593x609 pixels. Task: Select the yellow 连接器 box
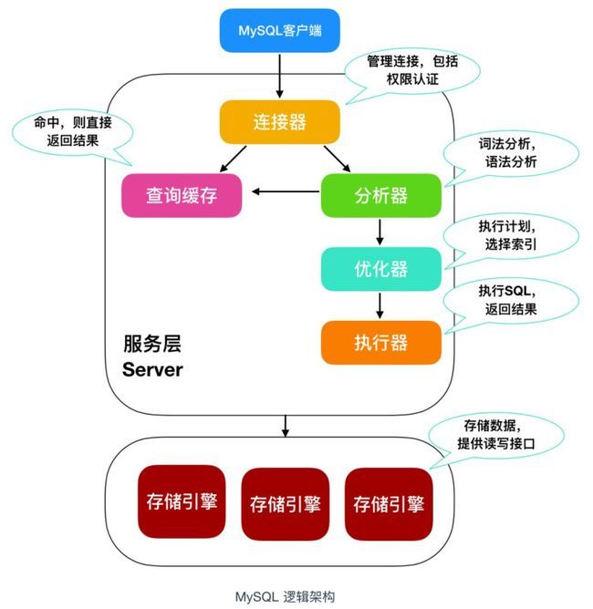279,120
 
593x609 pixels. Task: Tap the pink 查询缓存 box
182,195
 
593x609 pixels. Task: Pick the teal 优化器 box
380,269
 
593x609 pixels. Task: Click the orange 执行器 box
380,342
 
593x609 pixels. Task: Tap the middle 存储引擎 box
286,503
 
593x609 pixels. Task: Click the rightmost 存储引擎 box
390,503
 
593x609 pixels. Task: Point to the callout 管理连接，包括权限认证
399,69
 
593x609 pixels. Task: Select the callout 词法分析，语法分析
511,154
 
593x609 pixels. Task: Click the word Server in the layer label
153,370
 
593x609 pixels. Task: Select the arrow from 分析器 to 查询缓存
286,192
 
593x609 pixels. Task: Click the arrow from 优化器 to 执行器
380,304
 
